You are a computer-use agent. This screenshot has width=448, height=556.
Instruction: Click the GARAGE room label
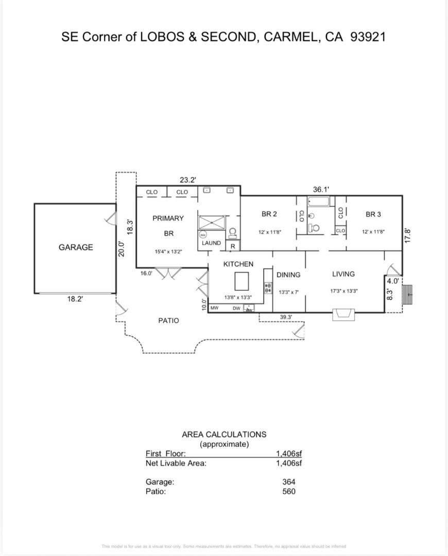(76, 247)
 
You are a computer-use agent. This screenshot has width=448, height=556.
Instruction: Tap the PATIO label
(168, 321)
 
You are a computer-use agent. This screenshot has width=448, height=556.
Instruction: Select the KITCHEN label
(238, 264)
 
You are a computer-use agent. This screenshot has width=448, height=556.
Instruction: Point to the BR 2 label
(269, 214)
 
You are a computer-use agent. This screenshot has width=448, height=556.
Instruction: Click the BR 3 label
(373, 214)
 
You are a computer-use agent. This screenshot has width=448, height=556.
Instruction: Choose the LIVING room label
(343, 274)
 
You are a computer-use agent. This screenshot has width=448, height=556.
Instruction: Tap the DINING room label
(288, 275)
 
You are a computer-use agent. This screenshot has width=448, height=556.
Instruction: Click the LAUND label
(211, 243)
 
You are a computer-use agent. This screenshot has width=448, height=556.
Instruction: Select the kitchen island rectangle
(242, 282)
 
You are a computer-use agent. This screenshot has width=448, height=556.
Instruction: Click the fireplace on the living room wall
(343, 314)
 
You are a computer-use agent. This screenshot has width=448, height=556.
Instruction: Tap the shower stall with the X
(212, 222)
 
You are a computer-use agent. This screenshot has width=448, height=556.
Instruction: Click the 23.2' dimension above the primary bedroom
(187, 180)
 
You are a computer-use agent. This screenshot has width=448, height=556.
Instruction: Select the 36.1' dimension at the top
(321, 189)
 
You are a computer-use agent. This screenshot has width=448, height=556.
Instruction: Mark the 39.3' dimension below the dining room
(286, 317)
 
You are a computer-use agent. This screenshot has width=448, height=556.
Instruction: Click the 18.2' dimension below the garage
(75, 299)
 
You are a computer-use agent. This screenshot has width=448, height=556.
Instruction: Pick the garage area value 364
(288, 482)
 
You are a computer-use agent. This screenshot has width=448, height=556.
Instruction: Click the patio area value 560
(288, 492)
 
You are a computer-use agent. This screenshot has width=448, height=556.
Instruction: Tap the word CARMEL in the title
(291, 37)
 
